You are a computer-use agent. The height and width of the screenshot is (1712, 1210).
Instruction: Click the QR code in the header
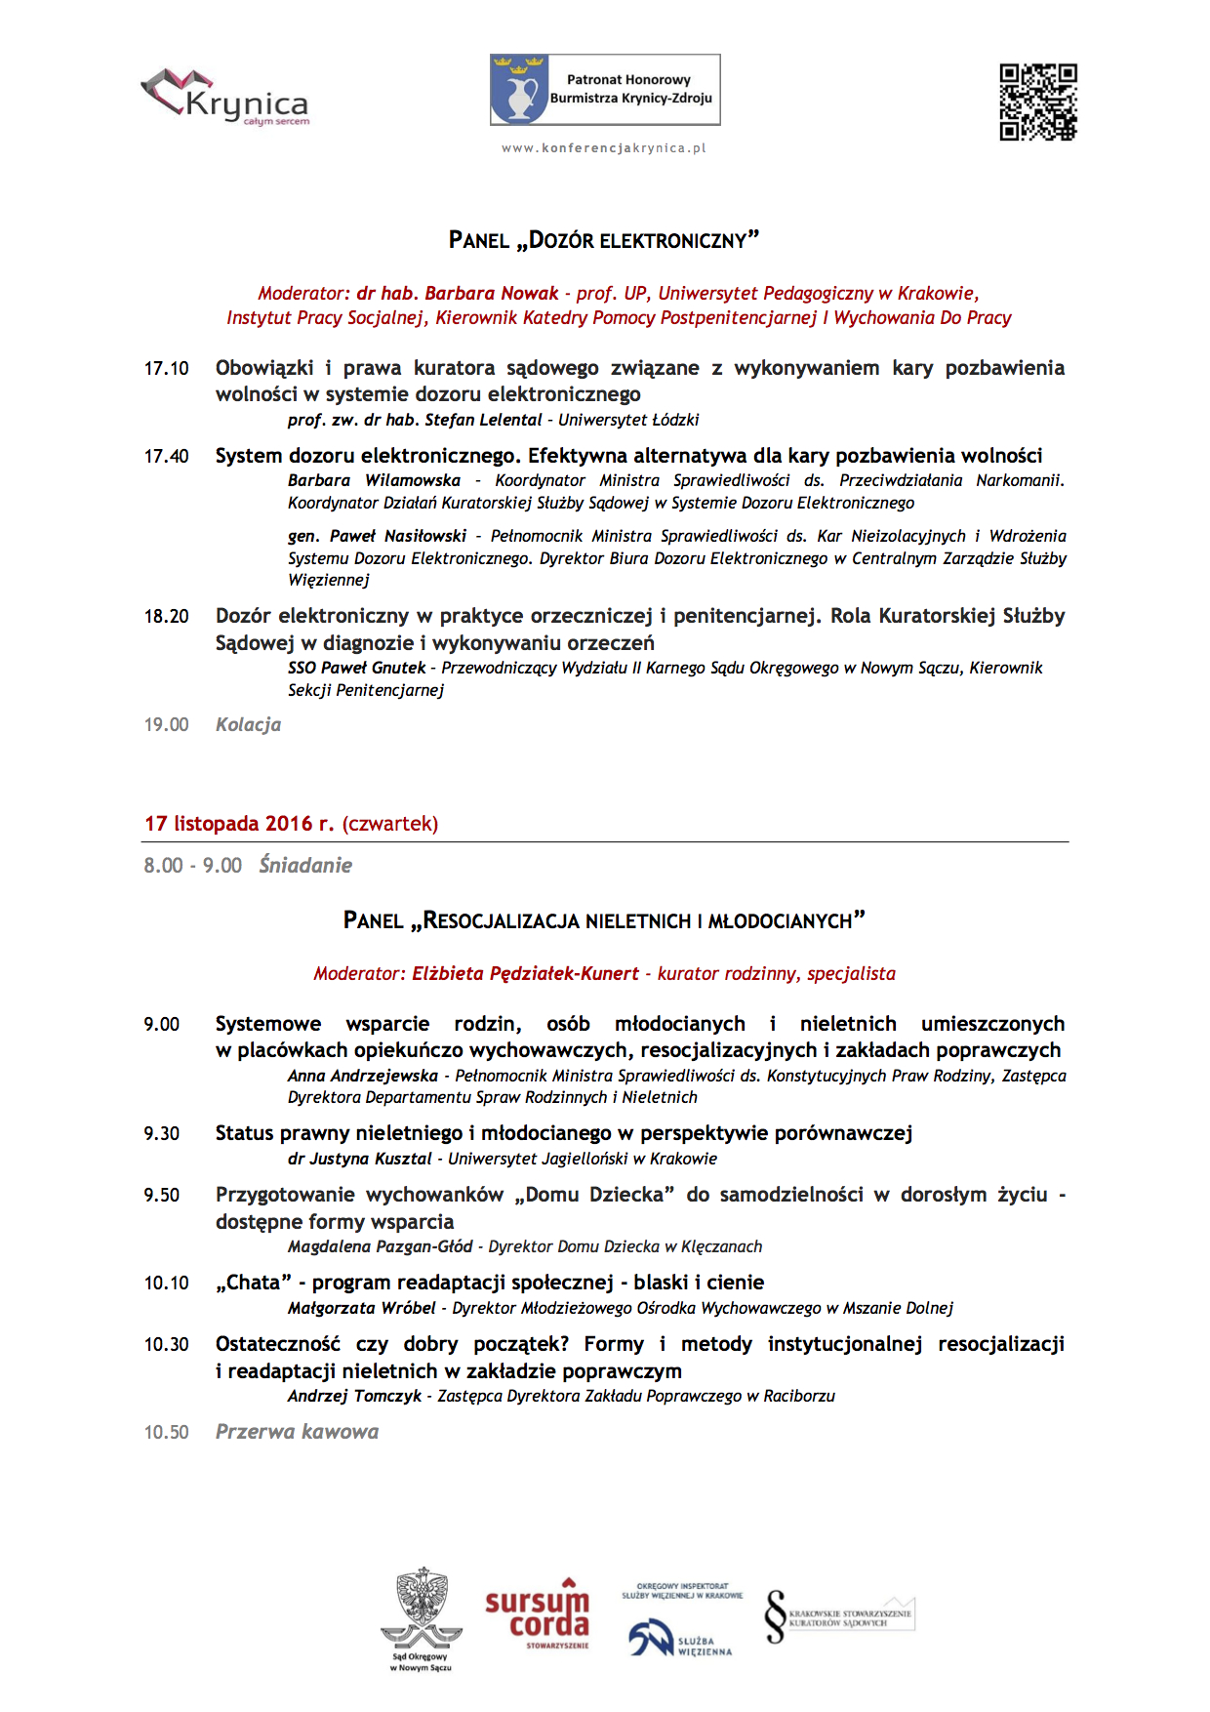[x=1038, y=102]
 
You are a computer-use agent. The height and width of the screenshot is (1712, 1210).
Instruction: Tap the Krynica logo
[x=226, y=98]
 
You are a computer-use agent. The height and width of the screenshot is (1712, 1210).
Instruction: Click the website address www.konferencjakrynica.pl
[x=604, y=148]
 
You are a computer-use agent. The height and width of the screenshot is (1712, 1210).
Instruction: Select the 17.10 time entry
[x=167, y=369]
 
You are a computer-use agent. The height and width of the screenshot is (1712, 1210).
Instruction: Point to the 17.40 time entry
[x=167, y=457]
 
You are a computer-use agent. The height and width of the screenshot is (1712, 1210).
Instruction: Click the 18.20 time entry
[x=167, y=617]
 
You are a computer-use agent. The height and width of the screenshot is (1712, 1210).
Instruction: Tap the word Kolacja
[x=248, y=725]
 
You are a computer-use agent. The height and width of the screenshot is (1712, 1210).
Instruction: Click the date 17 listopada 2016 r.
[x=239, y=824]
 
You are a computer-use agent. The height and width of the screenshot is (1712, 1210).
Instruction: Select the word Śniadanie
[x=305, y=866]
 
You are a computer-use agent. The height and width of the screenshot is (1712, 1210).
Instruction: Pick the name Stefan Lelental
[x=483, y=421]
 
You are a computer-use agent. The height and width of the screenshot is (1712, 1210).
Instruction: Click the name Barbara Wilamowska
[x=374, y=481]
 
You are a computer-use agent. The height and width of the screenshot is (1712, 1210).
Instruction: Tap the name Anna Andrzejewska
[x=363, y=1077]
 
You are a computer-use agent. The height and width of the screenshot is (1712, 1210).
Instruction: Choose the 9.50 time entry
[x=162, y=1196]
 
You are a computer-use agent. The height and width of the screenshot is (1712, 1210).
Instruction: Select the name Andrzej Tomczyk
[x=354, y=1397]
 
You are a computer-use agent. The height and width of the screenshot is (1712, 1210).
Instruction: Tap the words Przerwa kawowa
[x=297, y=1433]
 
